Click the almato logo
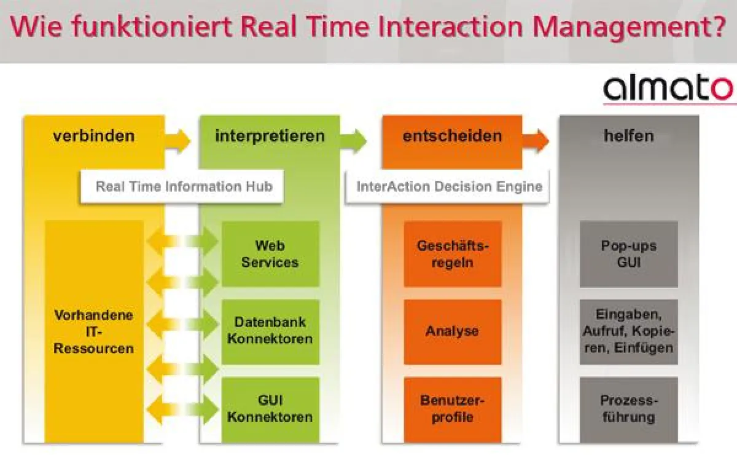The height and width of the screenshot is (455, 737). [x=668, y=89]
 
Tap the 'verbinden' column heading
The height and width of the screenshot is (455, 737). [x=93, y=136]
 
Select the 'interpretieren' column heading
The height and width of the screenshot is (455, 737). [x=270, y=136]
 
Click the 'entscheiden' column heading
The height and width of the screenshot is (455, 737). [x=452, y=136]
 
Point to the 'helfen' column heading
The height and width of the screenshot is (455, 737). [x=628, y=136]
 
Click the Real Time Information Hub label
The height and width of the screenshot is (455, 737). [x=182, y=186]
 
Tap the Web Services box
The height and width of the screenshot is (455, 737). [x=270, y=254]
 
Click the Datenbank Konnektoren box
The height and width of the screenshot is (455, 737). [x=270, y=331]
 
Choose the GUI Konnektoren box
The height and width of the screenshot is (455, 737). [x=270, y=409]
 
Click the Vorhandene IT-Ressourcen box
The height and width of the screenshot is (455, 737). [x=94, y=332]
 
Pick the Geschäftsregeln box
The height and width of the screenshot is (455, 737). [x=453, y=254]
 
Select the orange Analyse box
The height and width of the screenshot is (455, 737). [x=453, y=331]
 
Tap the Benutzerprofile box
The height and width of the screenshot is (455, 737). [x=453, y=409]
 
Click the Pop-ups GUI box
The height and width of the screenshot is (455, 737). [x=628, y=254]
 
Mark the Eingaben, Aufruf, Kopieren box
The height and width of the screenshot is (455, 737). [x=628, y=331]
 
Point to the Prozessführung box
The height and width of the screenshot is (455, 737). [x=628, y=409]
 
